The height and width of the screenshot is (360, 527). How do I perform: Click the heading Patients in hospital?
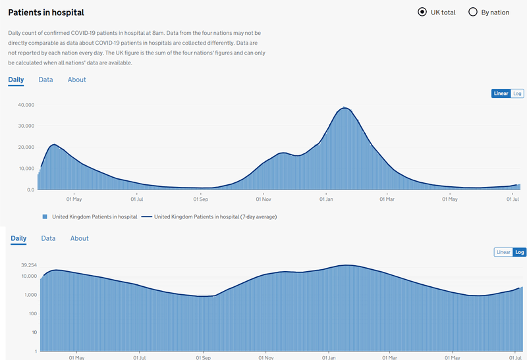pyautogui.click(x=46, y=13)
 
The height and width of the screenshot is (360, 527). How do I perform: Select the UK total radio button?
pyautogui.click(x=422, y=12)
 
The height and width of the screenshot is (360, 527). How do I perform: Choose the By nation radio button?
pyautogui.click(x=473, y=12)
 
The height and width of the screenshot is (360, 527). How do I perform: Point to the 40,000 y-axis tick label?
pyautogui.click(x=25, y=105)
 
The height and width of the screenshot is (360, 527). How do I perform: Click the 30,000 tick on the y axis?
pyautogui.click(x=25, y=126)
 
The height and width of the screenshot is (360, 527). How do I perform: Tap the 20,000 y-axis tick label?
pyautogui.click(x=25, y=147)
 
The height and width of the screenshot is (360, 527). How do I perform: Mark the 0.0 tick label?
pyautogui.click(x=30, y=190)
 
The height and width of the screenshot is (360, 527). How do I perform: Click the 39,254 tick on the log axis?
pyautogui.click(x=26, y=265)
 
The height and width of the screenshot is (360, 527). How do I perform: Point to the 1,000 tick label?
pyautogui.click(x=28, y=295)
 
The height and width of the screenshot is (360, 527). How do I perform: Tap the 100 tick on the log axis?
pyautogui.click(x=31, y=313)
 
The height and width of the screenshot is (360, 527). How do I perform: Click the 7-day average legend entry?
pyautogui.click(x=209, y=217)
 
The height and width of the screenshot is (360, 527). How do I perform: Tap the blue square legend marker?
pyautogui.click(x=45, y=217)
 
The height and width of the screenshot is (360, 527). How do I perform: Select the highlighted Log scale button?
pyautogui.click(x=520, y=252)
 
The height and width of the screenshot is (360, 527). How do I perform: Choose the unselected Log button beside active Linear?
pyautogui.click(x=518, y=93)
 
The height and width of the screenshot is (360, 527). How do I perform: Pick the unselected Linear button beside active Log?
pyautogui.click(x=503, y=252)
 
